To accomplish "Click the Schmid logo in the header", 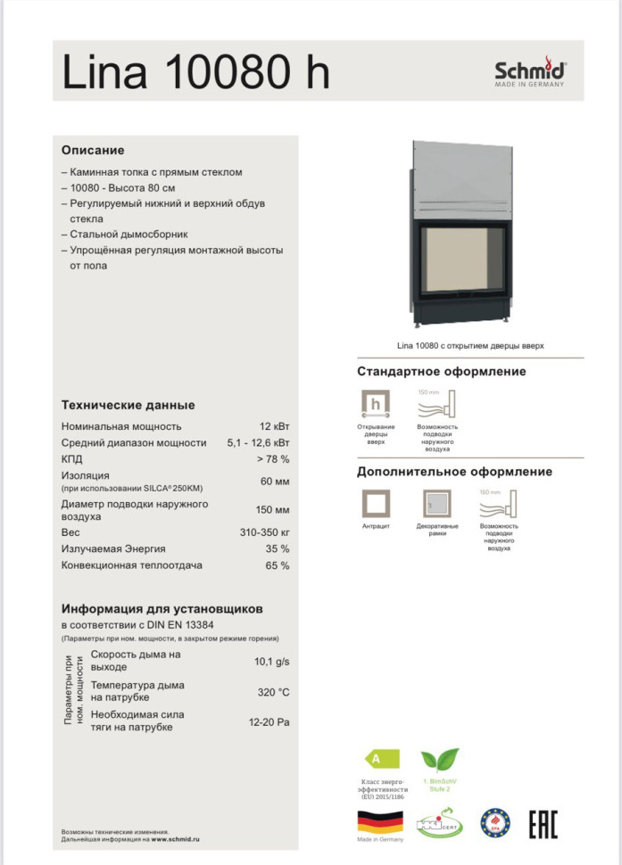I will (530, 70).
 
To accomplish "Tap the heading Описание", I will (93, 150).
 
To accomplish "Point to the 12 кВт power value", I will (274, 426).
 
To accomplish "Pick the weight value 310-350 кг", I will (264, 532).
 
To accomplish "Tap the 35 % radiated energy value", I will (278, 549).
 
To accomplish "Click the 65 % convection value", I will (278, 565).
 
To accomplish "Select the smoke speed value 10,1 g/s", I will (272, 661).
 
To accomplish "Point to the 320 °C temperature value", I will (273, 692).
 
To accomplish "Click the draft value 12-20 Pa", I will (269, 722).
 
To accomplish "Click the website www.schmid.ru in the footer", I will (174, 840).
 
